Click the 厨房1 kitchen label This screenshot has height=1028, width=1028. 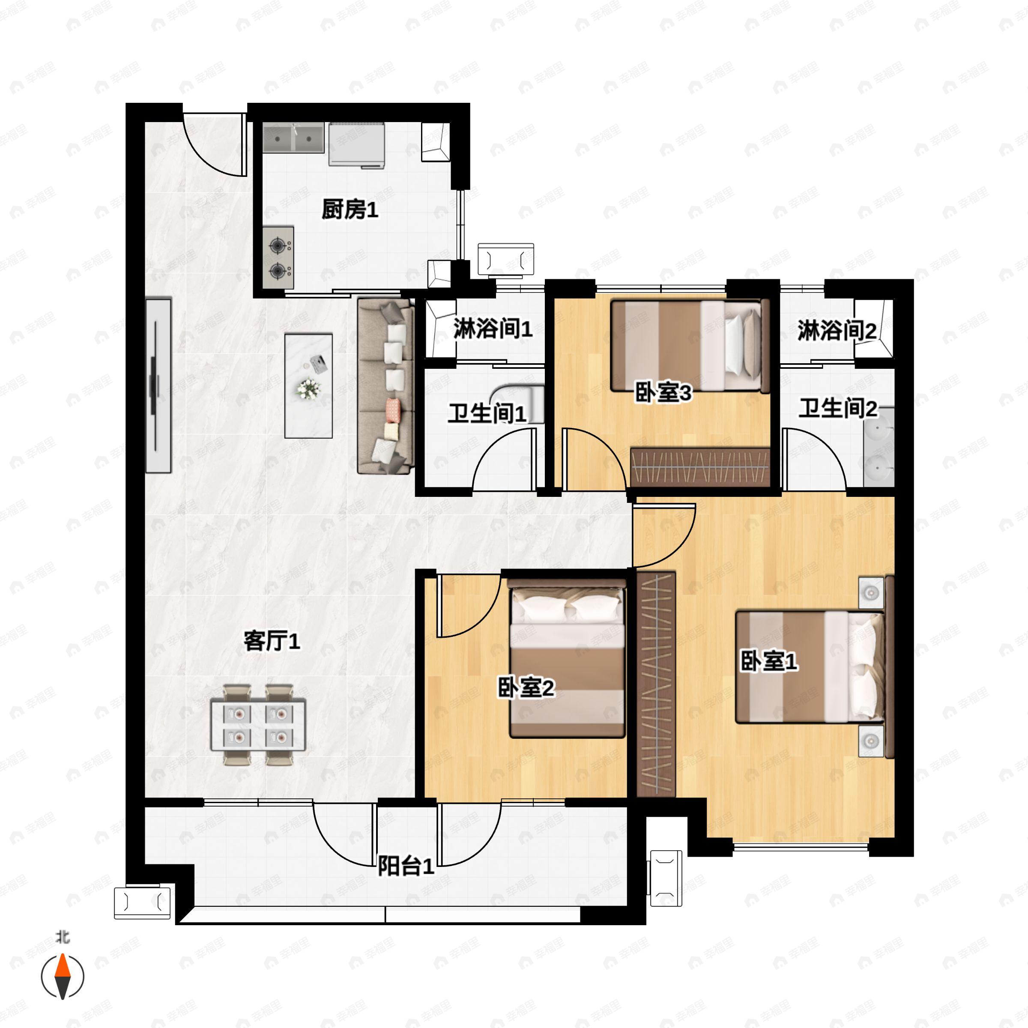point(350,210)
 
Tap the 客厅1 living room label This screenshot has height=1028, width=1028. point(272,641)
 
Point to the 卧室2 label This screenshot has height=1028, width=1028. point(526,687)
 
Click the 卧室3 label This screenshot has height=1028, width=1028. point(663,393)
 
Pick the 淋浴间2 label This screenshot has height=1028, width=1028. point(837,331)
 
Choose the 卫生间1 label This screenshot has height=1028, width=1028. point(487,413)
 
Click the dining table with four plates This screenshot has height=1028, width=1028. point(258,725)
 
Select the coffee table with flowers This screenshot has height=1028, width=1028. point(308,386)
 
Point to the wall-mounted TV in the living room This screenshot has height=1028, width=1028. point(158,386)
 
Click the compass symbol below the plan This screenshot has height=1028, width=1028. point(63,977)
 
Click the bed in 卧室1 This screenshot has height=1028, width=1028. point(809,667)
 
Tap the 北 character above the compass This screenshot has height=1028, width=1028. point(63,938)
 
